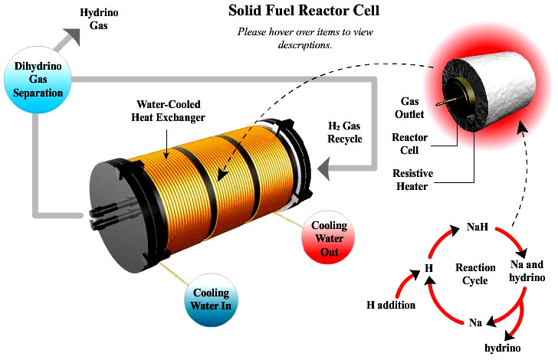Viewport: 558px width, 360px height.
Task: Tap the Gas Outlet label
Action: coord(417,107)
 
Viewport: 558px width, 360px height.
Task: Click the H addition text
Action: coord(390,306)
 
